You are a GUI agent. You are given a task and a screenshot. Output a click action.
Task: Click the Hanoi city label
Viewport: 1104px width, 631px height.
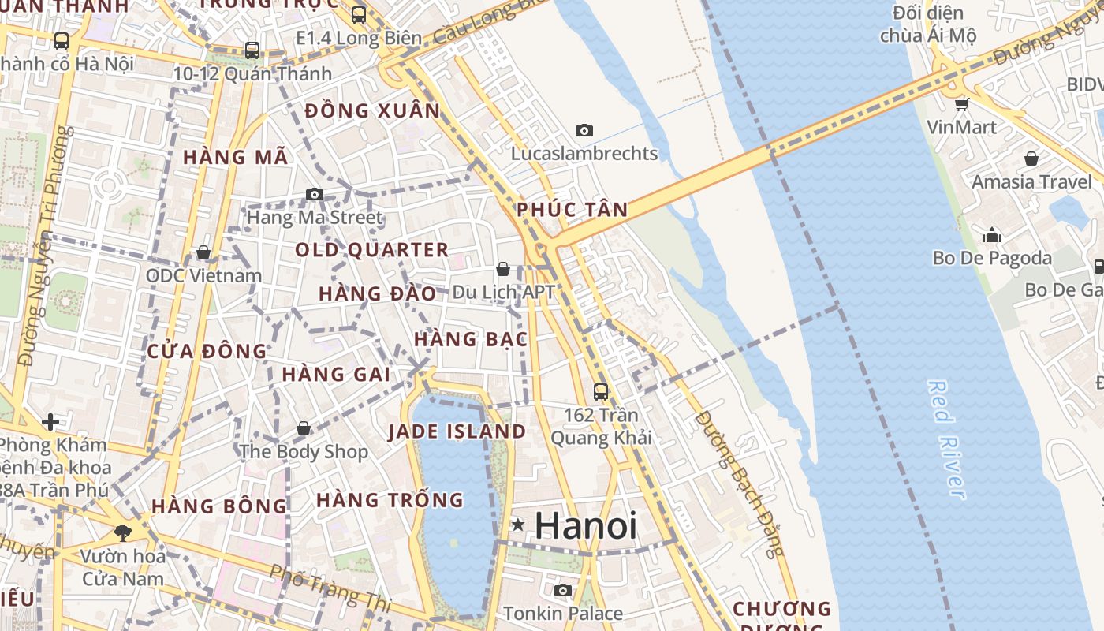(586, 526)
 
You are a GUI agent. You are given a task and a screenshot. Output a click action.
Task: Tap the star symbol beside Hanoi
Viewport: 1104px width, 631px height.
(518, 525)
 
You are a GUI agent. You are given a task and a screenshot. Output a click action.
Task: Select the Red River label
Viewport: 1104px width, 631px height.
(946, 439)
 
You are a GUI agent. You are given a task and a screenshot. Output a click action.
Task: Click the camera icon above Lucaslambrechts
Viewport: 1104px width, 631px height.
(584, 130)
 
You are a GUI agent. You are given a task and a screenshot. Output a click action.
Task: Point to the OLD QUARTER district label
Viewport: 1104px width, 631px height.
(371, 251)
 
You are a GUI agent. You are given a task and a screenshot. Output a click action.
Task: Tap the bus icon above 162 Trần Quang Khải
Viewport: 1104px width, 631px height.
(601, 390)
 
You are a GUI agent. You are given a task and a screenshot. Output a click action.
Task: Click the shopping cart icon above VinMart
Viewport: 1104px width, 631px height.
(961, 104)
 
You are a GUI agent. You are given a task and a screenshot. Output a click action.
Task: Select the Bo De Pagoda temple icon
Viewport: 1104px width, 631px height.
(992, 235)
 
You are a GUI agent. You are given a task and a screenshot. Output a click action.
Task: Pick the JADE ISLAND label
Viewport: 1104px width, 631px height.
(457, 431)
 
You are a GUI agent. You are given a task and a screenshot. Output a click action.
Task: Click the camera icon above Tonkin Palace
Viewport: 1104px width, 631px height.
(562, 590)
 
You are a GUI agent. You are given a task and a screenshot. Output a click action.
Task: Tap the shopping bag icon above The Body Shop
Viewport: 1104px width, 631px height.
(304, 428)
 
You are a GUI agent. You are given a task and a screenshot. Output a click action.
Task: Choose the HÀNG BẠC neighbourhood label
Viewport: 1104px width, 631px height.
(471, 339)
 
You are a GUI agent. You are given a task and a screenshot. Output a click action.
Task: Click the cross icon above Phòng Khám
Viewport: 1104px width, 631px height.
(50, 422)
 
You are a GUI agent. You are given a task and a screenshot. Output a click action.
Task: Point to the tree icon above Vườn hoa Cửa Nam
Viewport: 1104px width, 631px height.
(122, 533)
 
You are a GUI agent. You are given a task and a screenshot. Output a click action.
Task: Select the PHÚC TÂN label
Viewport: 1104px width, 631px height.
(573, 210)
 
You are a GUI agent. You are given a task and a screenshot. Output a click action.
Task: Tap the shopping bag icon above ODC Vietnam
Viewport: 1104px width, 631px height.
(203, 252)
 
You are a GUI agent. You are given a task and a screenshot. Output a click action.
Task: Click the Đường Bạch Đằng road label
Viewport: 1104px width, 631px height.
(739, 484)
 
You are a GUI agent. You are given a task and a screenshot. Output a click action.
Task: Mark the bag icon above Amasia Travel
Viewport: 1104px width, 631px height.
(1031, 159)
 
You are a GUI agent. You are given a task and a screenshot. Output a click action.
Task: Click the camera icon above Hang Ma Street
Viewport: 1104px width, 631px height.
(315, 194)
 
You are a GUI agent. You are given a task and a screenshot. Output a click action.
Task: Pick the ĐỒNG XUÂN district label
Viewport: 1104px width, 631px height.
(372, 111)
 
